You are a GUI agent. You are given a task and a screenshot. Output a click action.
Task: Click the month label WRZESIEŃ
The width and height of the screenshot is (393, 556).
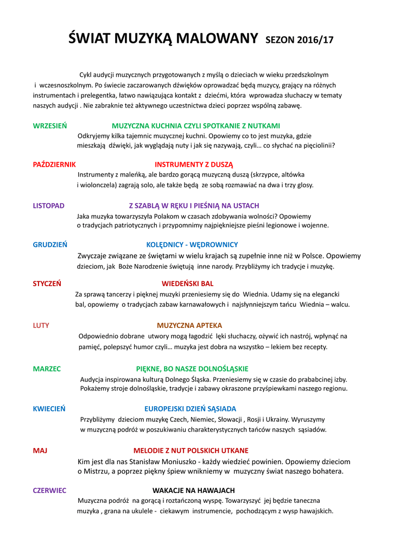point(50,125)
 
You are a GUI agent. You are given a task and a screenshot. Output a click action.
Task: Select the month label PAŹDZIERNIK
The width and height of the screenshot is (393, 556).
point(54,164)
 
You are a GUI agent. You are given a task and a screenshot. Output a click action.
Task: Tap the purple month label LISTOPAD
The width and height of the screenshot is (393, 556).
point(49,206)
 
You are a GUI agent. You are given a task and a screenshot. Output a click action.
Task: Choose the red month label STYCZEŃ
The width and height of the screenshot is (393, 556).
point(47,283)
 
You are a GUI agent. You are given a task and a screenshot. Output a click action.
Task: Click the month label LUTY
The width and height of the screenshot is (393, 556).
point(41,325)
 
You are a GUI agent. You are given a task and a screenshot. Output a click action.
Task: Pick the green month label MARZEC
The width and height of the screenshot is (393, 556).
point(47,368)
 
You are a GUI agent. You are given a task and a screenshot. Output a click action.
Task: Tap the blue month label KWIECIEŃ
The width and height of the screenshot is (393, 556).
point(49,408)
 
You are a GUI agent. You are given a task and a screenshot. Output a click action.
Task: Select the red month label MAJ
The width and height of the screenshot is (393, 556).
point(40,450)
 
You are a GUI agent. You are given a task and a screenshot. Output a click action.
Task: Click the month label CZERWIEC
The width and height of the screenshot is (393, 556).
point(49,490)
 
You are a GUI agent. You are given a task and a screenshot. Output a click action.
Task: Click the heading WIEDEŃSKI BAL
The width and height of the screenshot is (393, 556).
point(187,283)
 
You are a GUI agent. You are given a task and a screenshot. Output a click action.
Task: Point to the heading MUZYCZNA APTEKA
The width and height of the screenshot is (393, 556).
point(189,325)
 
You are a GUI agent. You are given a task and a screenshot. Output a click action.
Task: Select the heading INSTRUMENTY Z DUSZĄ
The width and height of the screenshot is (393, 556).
point(194,164)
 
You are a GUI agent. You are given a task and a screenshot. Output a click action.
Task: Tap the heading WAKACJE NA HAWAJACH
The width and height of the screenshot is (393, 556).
point(193,490)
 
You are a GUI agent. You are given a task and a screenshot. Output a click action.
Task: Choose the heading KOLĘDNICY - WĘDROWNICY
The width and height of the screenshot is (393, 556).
point(192,244)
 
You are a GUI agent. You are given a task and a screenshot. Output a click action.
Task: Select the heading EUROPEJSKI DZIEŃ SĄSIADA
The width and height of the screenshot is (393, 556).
point(190,408)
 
